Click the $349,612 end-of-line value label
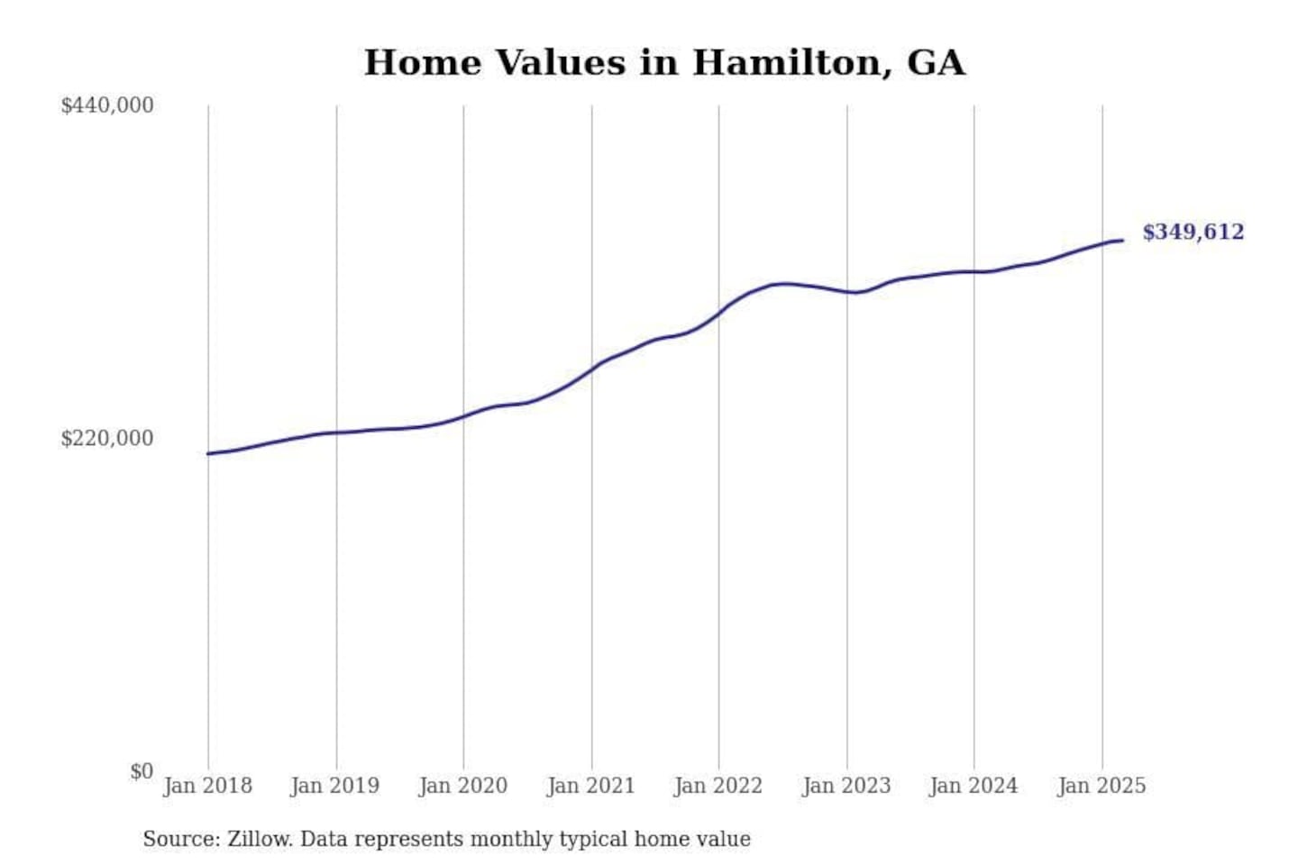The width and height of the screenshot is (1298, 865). pos(1193,232)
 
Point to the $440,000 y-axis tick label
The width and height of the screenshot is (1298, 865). pos(107,105)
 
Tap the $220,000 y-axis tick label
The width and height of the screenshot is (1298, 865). pos(107,439)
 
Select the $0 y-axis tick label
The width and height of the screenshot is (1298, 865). pos(142,771)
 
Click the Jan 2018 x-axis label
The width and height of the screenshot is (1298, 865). pos(207,786)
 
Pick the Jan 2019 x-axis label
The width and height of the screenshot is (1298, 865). pos(335,786)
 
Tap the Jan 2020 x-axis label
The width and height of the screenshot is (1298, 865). pos(463,786)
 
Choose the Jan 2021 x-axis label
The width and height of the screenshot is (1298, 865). pos(591,786)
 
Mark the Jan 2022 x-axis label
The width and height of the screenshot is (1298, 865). pos(718,786)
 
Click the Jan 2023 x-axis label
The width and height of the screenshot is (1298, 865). pos(846,786)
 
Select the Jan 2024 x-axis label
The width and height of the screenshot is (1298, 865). pos(973,786)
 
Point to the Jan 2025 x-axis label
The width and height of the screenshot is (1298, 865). pos(1101,786)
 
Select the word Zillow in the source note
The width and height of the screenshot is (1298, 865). pos(260,839)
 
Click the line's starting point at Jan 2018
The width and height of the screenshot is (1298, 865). pos(208,453)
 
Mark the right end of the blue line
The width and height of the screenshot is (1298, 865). pos(1122,240)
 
